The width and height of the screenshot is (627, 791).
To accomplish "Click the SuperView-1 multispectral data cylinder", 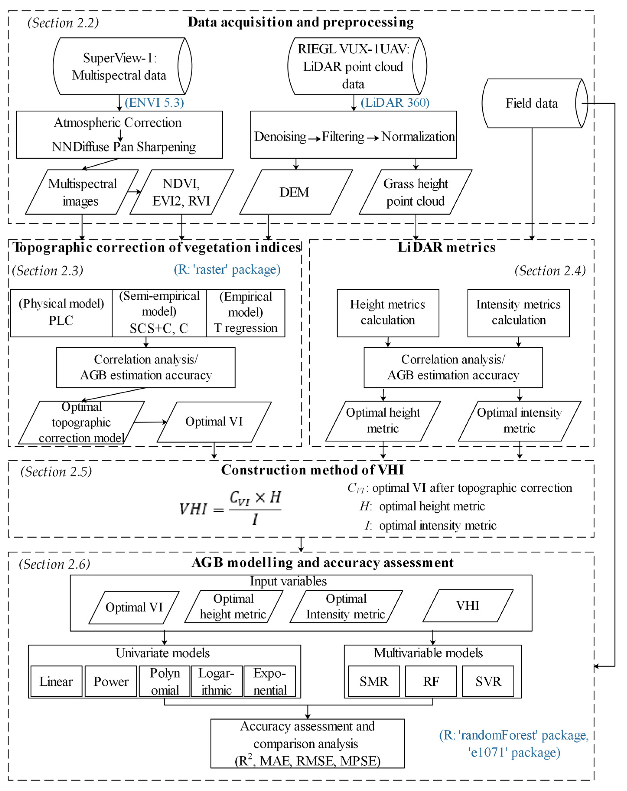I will [x=119, y=66].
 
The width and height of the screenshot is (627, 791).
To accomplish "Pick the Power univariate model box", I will [x=111, y=681].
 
